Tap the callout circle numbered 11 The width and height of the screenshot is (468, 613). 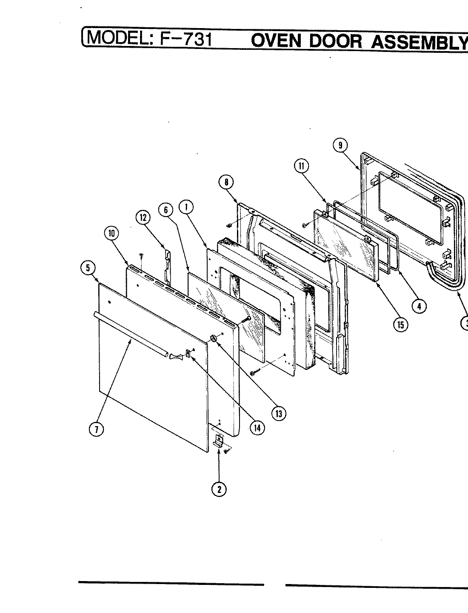pos(301,166)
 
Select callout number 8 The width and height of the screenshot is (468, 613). pos(226,183)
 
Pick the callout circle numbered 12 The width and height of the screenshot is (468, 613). pos(143,218)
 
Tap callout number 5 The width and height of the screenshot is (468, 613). pos(87,268)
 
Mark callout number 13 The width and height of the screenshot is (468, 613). pos(279,413)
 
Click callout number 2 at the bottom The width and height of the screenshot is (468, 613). pos(219,490)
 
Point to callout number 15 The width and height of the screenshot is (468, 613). pos(400,325)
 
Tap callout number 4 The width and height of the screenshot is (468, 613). pos(419,306)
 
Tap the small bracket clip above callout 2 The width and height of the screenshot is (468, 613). pos(219,441)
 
